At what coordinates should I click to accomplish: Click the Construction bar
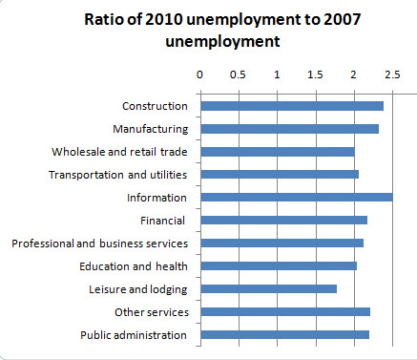(291, 106)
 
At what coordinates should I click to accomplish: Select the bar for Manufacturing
(289, 129)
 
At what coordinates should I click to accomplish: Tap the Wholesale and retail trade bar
(277, 152)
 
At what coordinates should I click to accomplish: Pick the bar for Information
(296, 198)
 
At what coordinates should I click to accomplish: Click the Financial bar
(283, 221)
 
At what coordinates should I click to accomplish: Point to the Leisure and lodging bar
(268, 288)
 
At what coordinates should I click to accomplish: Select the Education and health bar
(278, 265)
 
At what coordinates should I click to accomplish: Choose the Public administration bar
(284, 334)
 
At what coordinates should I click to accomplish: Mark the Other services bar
(284, 311)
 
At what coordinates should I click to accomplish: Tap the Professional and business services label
(99, 244)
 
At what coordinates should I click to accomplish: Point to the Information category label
(156, 198)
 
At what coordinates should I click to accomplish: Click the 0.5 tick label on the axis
(238, 73)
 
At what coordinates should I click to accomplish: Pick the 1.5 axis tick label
(315, 73)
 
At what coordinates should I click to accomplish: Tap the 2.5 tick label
(392, 73)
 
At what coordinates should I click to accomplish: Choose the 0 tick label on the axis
(199, 73)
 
